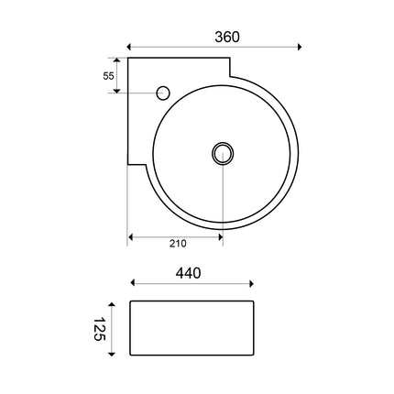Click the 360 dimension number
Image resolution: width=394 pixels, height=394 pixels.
click(227, 37)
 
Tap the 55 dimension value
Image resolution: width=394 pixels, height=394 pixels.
click(108, 76)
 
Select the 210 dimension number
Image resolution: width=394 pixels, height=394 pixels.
click(178, 244)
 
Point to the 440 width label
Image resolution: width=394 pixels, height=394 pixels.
click(188, 273)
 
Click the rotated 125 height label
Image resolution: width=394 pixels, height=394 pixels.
click(99, 329)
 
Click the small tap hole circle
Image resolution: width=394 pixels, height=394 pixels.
click(163, 93)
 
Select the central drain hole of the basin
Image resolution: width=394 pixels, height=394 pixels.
click(223, 153)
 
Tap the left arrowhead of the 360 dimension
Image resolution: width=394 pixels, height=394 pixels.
click(129, 47)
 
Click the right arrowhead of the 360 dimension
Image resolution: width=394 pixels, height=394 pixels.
click(300, 47)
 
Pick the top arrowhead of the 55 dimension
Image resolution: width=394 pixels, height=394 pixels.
click(117, 60)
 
